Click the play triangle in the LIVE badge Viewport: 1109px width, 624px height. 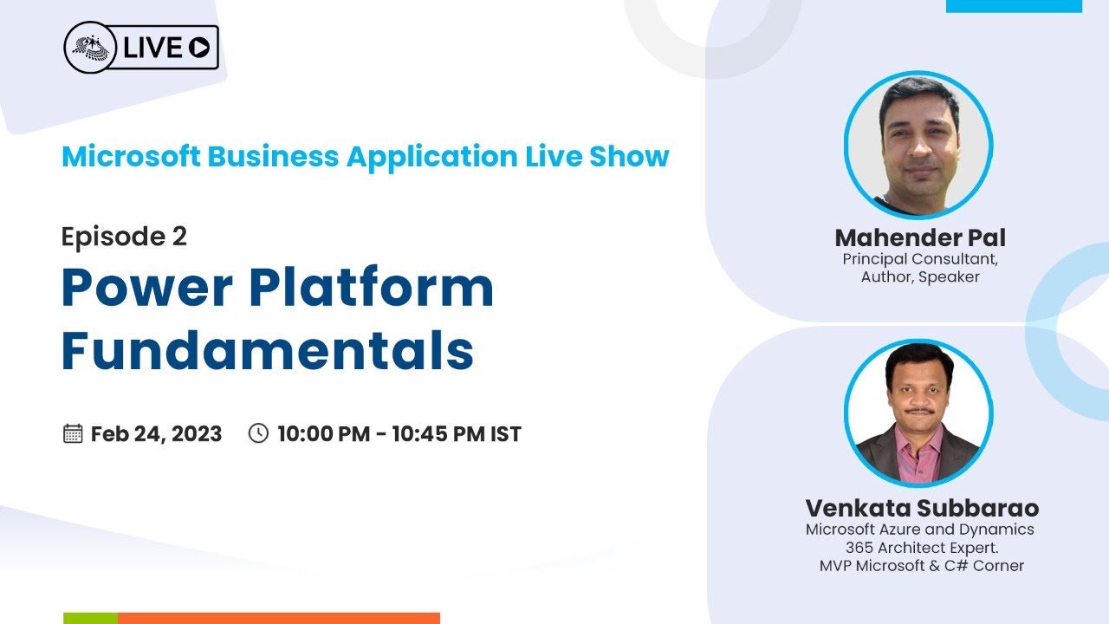(x=199, y=49)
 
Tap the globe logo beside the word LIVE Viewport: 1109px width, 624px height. (x=92, y=48)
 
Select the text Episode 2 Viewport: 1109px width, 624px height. (x=124, y=237)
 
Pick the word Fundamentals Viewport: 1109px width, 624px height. (x=267, y=351)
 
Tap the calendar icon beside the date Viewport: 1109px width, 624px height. (x=73, y=433)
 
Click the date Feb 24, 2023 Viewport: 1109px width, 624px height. (x=156, y=433)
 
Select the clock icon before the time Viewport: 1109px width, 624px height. (x=258, y=433)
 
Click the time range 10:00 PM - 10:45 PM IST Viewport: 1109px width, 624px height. (x=399, y=433)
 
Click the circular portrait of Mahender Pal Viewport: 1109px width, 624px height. (x=918, y=145)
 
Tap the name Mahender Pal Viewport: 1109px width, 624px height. (x=920, y=237)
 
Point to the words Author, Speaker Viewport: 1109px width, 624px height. (x=920, y=277)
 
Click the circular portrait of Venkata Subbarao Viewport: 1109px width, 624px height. (x=918, y=413)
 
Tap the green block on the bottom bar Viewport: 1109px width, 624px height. (x=90, y=618)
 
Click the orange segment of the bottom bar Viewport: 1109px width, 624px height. (x=278, y=618)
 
